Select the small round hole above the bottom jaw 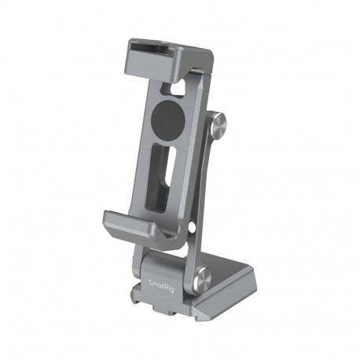click(192, 229)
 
